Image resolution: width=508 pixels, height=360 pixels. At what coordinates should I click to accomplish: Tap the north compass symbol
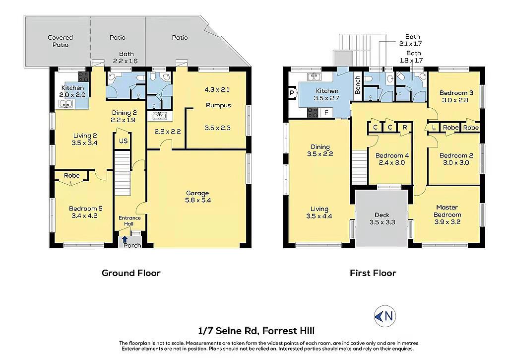point(385,316)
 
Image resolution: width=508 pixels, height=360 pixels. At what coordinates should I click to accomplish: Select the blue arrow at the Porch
point(125,240)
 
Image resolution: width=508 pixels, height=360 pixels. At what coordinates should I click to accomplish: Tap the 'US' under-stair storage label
point(123,141)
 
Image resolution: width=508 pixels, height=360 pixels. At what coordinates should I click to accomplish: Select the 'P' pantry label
point(292,93)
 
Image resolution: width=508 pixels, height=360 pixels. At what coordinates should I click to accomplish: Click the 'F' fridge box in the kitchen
point(326,113)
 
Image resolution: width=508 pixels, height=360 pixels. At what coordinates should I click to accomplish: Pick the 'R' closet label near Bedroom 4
point(405,127)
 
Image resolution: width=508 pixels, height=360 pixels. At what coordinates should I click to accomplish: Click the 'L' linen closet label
point(434,128)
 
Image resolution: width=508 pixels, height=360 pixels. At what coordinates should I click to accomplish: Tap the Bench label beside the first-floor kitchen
point(357,85)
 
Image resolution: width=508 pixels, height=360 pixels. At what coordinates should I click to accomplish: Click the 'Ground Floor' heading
point(131,273)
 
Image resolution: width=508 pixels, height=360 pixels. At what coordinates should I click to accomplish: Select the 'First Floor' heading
point(373,273)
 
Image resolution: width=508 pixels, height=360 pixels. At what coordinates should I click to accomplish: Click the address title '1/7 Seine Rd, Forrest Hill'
point(256,331)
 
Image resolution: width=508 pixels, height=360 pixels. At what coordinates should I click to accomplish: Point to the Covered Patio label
point(60,41)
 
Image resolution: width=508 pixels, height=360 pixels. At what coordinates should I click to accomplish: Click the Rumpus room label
point(218,105)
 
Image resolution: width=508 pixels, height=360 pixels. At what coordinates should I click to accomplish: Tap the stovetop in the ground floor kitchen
point(83,76)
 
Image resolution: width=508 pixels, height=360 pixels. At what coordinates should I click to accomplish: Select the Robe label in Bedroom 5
point(71,175)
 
